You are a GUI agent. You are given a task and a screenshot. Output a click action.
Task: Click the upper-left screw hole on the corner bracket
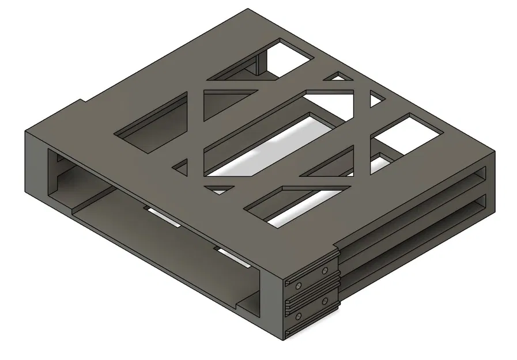click(298, 285)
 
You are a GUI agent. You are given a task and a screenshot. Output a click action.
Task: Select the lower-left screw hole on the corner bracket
click(298, 316)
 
